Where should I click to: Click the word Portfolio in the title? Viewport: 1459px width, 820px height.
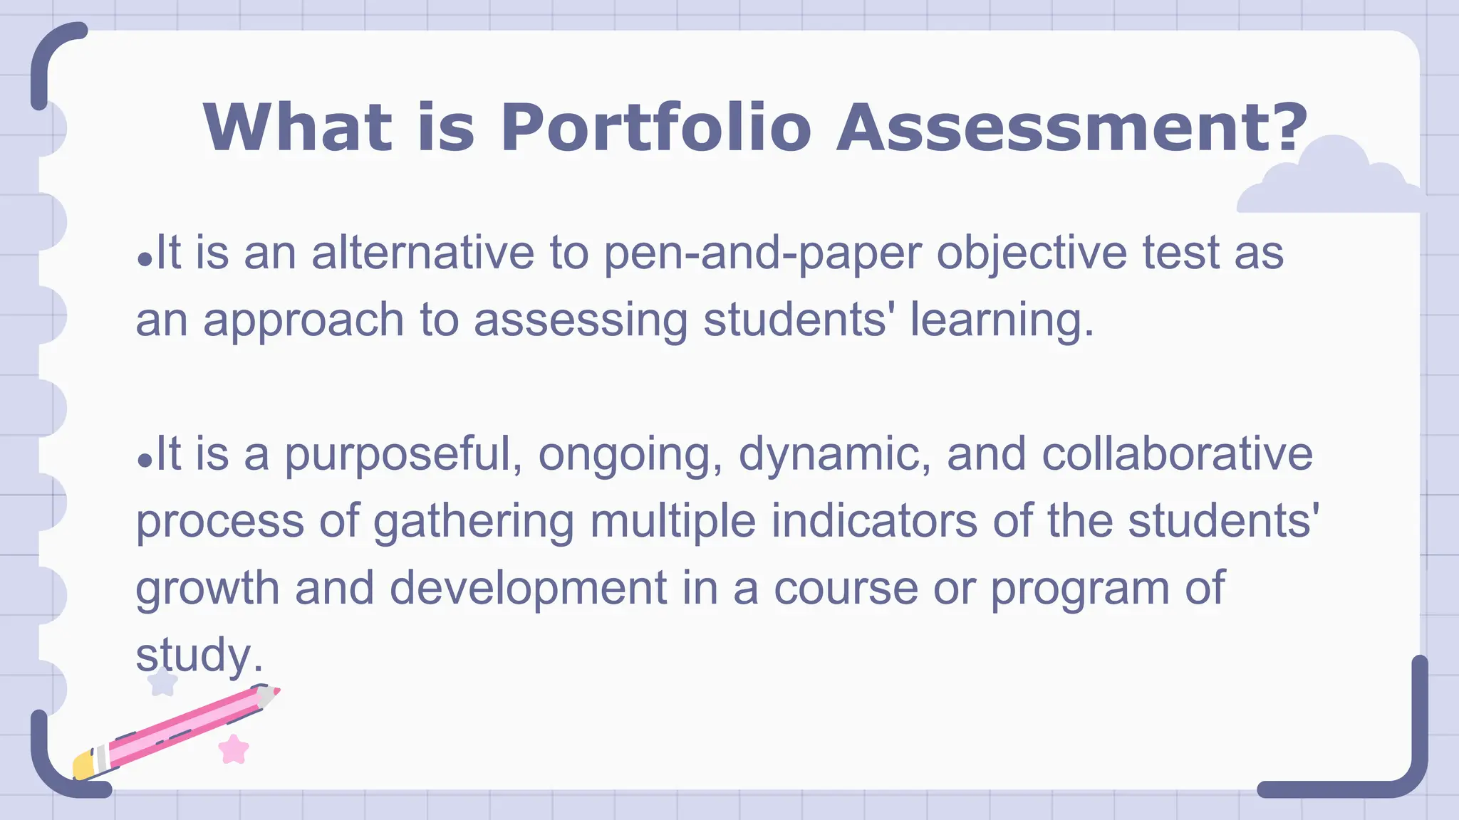point(655,128)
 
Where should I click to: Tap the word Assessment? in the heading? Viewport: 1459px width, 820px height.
point(1072,128)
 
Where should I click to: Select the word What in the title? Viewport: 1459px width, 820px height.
point(297,128)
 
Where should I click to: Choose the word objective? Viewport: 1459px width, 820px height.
point(1032,255)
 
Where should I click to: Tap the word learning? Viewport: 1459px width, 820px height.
point(1002,320)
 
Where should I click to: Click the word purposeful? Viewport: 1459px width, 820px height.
point(403,456)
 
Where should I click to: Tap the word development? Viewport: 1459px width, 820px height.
point(528,589)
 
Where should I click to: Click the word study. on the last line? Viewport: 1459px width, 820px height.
point(199,656)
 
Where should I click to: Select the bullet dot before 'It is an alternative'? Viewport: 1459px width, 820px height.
point(145,260)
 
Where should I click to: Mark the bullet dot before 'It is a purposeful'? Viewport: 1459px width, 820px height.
point(145,461)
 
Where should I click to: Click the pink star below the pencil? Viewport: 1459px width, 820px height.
point(234,750)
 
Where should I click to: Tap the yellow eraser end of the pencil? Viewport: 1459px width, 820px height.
point(83,766)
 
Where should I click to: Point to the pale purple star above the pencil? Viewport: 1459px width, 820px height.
point(162,682)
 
